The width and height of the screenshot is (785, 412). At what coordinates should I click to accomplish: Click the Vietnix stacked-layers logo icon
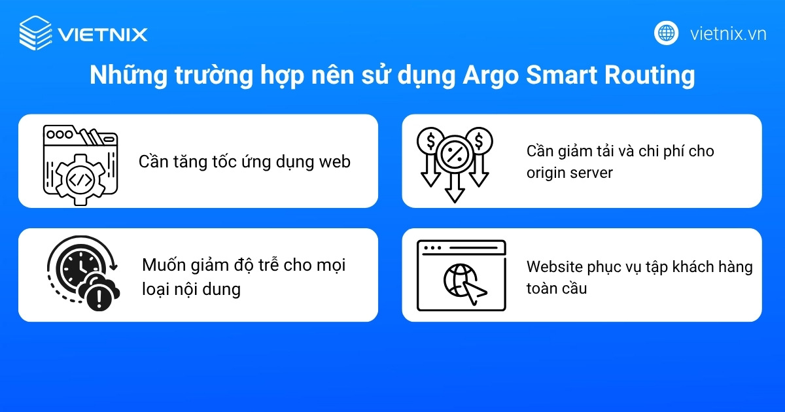pos(35,33)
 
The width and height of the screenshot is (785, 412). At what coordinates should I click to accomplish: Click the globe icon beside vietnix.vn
pos(667,33)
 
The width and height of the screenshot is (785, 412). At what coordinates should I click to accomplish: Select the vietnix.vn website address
pos(728,34)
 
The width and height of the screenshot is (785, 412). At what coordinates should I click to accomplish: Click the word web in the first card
pos(334,162)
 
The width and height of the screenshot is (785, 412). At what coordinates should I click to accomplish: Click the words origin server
pos(570,173)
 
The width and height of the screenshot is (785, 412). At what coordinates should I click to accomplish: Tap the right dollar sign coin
pos(478,140)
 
